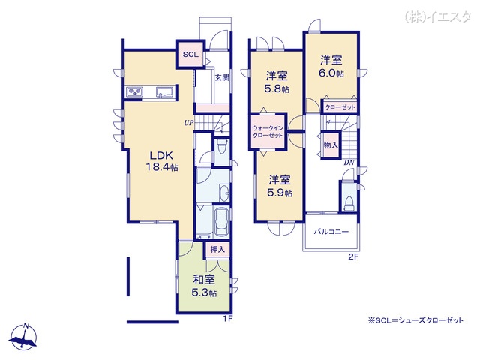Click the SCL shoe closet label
click(190, 55)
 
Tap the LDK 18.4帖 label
click(162, 161)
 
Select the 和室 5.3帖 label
click(204, 286)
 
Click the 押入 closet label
click(217, 250)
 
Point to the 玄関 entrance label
click(222, 77)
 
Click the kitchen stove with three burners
click(135, 91)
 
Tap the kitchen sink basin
click(165, 91)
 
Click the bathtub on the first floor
click(222, 222)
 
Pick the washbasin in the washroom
click(225, 193)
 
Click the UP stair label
click(188, 123)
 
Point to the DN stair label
click(349, 163)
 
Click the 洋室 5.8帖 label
click(277, 82)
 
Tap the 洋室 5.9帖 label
click(280, 186)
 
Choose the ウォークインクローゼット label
click(268, 132)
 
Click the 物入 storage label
click(331, 145)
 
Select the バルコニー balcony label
click(331, 232)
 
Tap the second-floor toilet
click(349, 203)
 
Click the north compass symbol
click(23, 336)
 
